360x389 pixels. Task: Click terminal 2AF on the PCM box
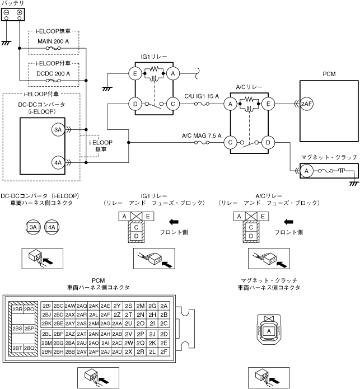click(306, 104)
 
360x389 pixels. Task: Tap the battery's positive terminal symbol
click(20, 12)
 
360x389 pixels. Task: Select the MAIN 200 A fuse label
click(53, 41)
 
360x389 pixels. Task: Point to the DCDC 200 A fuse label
click(53, 74)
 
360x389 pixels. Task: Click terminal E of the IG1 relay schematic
click(135, 74)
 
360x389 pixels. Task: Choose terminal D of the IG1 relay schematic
click(135, 104)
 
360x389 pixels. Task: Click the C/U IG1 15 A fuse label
click(202, 96)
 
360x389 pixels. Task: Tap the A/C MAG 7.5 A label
click(202, 135)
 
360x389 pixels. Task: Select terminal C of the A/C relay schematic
click(230, 143)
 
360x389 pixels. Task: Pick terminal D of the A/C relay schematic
click(268, 143)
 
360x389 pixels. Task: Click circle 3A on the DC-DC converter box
click(58, 129)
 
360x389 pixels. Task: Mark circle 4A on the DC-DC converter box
click(58, 163)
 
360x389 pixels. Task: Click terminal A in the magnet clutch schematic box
click(307, 171)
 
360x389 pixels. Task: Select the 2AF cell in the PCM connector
click(105, 315)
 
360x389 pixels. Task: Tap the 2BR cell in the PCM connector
click(17, 310)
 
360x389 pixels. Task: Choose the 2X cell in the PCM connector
click(129, 351)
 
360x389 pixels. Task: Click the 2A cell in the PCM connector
click(163, 306)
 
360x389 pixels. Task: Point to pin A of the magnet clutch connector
click(269, 331)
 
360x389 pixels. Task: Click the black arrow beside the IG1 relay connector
click(174, 222)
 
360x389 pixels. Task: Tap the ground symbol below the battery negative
click(6, 43)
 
